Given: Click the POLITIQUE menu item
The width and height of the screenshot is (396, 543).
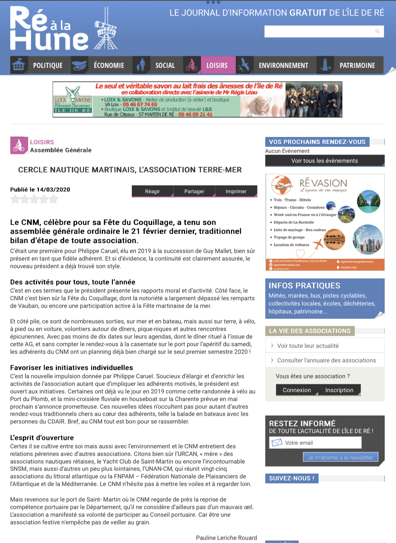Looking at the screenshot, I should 48,65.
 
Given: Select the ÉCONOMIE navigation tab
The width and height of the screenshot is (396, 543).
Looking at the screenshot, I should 109,65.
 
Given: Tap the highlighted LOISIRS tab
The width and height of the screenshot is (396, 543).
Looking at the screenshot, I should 217,65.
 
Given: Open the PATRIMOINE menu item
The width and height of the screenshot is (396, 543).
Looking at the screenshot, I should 357,65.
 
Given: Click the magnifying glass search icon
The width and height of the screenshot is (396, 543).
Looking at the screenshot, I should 377,31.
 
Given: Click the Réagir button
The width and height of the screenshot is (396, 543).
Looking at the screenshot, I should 152,191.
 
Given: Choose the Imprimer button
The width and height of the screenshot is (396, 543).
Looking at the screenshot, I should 236,191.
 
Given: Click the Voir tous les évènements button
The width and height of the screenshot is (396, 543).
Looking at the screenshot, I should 324,161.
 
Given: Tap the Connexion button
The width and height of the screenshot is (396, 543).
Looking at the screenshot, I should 297,390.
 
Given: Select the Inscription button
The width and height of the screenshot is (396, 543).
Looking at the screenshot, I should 339,390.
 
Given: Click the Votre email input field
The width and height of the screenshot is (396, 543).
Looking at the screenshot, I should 321,443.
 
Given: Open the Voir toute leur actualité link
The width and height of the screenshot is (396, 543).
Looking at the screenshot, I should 308,346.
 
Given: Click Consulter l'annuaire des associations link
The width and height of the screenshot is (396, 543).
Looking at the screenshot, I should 326,360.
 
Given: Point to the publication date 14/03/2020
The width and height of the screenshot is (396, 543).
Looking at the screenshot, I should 53,190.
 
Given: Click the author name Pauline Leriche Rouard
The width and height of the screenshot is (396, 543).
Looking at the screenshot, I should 226,538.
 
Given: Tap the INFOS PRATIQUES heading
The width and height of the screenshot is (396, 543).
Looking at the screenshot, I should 304,286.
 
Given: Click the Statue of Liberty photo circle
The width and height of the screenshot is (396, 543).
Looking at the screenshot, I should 368,239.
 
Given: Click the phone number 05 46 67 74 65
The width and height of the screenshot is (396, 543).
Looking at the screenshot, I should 140,104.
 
